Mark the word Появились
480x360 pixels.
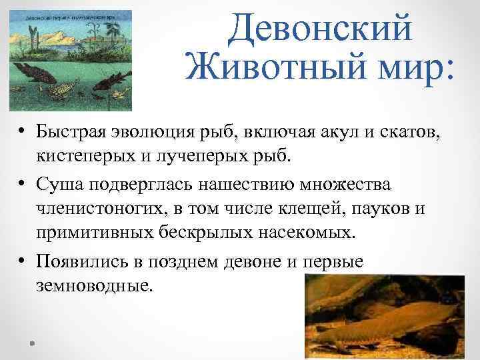81,261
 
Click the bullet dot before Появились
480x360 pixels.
22,262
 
